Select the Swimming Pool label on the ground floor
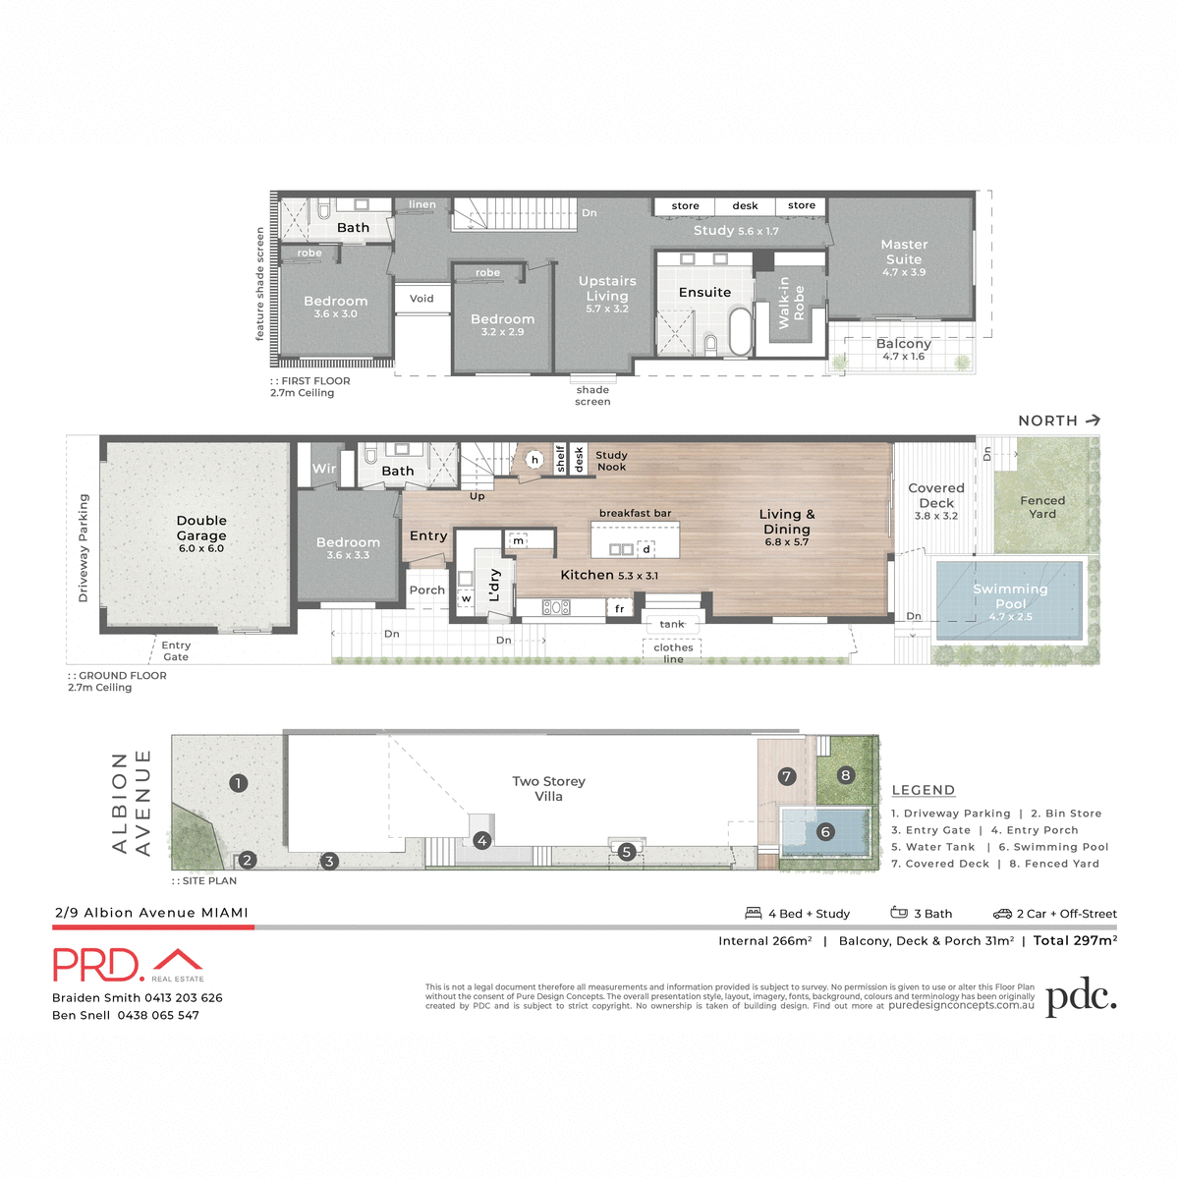pyautogui.click(x=1010, y=597)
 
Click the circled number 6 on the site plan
pyautogui.click(x=825, y=832)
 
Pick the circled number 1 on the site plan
pyautogui.click(x=238, y=783)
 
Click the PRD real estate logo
pyautogui.click(x=128, y=965)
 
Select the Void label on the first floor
pyautogui.click(x=421, y=299)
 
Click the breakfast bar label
pyautogui.click(x=635, y=513)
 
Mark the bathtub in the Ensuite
pyautogui.click(x=740, y=332)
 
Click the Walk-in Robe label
pyautogui.click(x=791, y=303)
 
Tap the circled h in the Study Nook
pyautogui.click(x=534, y=459)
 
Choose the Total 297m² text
pyautogui.click(x=1075, y=940)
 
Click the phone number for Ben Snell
pyautogui.click(x=158, y=1015)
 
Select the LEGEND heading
pyautogui.click(x=923, y=790)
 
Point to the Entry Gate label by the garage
pyautogui.click(x=176, y=650)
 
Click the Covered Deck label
pyautogui.click(x=935, y=496)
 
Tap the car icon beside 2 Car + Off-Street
pyautogui.click(x=1001, y=914)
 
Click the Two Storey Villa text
pyautogui.click(x=548, y=788)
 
